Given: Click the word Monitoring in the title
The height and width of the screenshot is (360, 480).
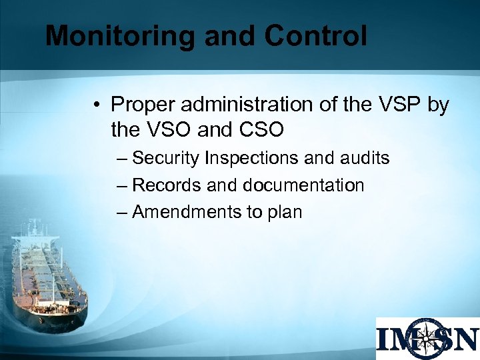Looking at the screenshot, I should (x=121, y=36).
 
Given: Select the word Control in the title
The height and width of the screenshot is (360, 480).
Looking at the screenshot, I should (x=315, y=36).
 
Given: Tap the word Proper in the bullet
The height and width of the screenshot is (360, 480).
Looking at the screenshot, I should (x=143, y=105).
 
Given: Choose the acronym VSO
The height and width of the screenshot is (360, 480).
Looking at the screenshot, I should (x=171, y=130).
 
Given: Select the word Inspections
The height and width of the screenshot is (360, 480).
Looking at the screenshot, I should (x=252, y=158).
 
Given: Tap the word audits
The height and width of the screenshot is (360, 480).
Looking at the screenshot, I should (x=365, y=158).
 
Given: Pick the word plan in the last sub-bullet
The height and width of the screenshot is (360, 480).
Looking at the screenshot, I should (x=285, y=213).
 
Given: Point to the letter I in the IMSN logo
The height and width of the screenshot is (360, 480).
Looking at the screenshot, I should (x=385, y=339).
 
